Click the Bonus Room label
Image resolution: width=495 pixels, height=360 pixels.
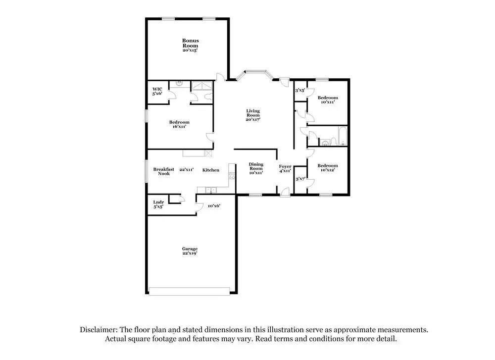(x=190, y=45)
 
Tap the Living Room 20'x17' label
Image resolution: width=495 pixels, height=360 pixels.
(x=253, y=115)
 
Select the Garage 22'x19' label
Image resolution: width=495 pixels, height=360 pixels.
(x=190, y=251)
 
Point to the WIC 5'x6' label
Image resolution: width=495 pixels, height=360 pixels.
(x=157, y=91)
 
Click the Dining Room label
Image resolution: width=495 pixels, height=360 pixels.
(x=256, y=168)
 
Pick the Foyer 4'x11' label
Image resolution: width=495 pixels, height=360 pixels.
(x=285, y=168)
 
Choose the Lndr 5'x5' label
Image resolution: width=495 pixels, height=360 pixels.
(x=158, y=205)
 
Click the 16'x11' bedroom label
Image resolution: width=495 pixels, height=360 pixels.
(x=179, y=124)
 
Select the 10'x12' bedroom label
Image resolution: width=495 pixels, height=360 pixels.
(x=327, y=168)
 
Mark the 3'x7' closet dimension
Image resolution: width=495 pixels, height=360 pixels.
(x=300, y=179)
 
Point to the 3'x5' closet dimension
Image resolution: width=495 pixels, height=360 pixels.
(x=300, y=91)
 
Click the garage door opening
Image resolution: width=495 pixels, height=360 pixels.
(x=190, y=291)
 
